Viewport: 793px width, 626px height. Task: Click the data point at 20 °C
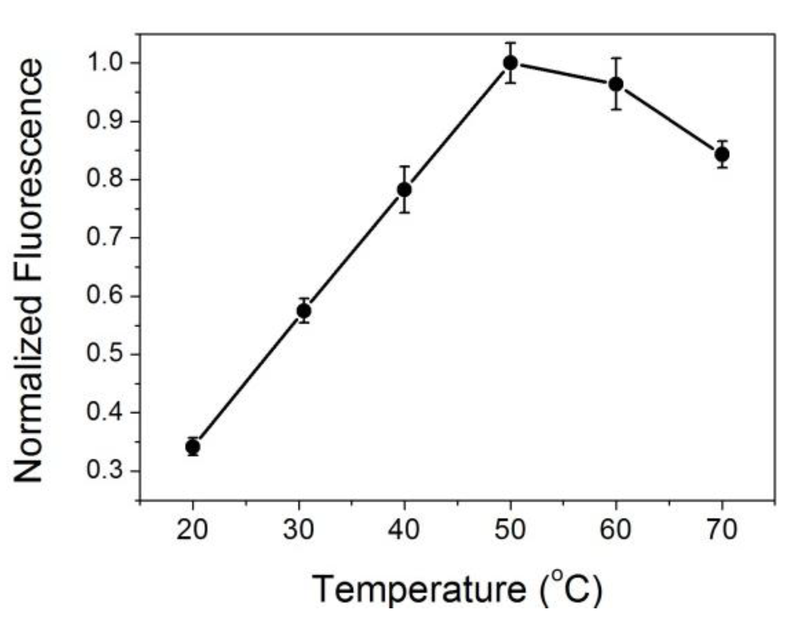point(193,446)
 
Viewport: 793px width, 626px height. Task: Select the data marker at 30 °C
point(303,310)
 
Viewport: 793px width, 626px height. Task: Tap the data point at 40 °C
point(404,190)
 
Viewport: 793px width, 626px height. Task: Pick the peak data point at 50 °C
point(510,63)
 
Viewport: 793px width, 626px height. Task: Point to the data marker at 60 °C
point(616,84)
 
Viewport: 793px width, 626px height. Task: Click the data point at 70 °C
point(722,154)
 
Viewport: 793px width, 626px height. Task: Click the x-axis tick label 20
point(192,529)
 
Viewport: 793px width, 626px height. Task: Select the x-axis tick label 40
point(404,529)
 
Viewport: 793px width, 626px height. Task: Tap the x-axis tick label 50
point(510,529)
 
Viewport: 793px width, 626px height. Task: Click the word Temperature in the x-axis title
point(419,589)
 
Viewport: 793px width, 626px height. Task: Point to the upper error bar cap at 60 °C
point(616,58)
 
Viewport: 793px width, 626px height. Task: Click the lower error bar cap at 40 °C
point(404,212)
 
